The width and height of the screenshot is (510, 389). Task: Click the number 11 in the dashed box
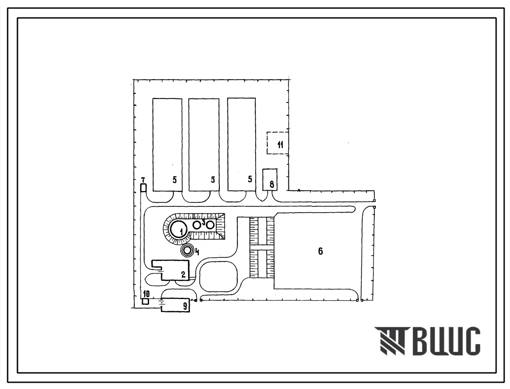280,145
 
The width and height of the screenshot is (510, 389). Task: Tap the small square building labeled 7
143,188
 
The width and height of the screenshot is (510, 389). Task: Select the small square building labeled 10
146,302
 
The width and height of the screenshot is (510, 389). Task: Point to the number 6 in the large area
321,251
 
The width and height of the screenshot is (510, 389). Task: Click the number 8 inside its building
272,185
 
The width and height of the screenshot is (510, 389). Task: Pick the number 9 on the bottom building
185,306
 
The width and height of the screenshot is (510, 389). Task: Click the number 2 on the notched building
184,274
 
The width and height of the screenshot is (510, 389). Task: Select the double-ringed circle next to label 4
187,251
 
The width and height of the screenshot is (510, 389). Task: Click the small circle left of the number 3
197,225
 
